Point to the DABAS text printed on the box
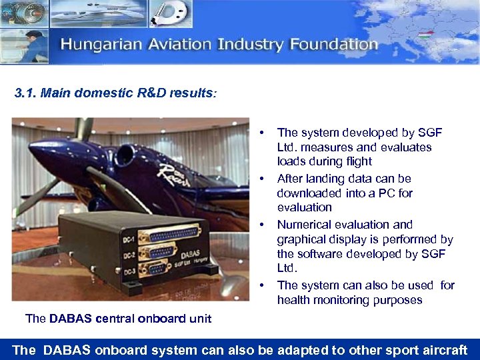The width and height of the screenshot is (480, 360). point(188,244)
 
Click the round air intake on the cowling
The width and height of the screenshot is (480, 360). point(124,155)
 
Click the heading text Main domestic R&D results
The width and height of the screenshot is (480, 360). point(127,93)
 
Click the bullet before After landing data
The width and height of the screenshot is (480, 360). point(265,179)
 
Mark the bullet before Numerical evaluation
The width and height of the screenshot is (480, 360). point(265,225)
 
